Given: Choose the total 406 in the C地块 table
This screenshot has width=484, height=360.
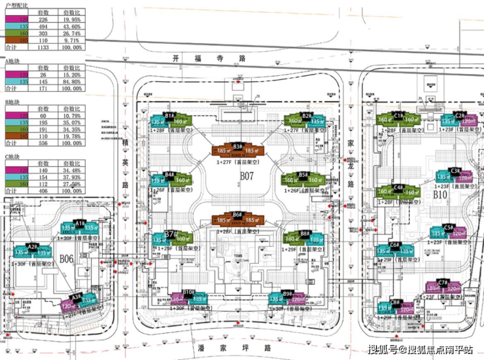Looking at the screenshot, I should (x=44, y=192).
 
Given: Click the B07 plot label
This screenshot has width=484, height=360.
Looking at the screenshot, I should (x=247, y=175).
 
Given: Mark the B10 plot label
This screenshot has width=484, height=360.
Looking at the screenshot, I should (x=440, y=194).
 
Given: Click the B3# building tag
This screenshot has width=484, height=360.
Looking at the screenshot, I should (x=238, y=147).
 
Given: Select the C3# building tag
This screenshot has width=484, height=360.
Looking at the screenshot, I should (x=457, y=171).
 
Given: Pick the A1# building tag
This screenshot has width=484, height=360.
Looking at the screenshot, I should (x=80, y=223).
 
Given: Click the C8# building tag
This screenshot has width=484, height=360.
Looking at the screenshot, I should (x=395, y=302).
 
